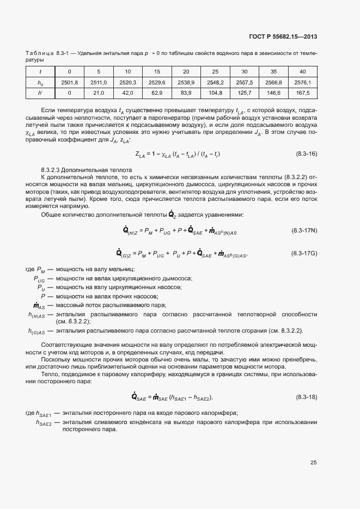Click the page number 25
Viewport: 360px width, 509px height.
313,463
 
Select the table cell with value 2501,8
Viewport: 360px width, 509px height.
69,83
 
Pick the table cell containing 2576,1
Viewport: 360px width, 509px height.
302,83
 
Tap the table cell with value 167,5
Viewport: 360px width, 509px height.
302,93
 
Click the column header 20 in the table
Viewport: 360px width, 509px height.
186,72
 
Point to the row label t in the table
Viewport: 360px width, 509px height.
40,72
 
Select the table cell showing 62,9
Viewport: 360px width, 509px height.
156,93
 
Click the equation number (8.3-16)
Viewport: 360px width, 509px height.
306,154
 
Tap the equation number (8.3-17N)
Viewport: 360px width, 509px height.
304,231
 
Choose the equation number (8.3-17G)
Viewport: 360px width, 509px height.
304,253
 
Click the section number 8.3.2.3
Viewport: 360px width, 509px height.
52,170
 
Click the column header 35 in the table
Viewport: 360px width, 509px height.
273,72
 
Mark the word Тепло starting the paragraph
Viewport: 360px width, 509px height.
50,374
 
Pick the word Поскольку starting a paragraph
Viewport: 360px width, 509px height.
56,360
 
